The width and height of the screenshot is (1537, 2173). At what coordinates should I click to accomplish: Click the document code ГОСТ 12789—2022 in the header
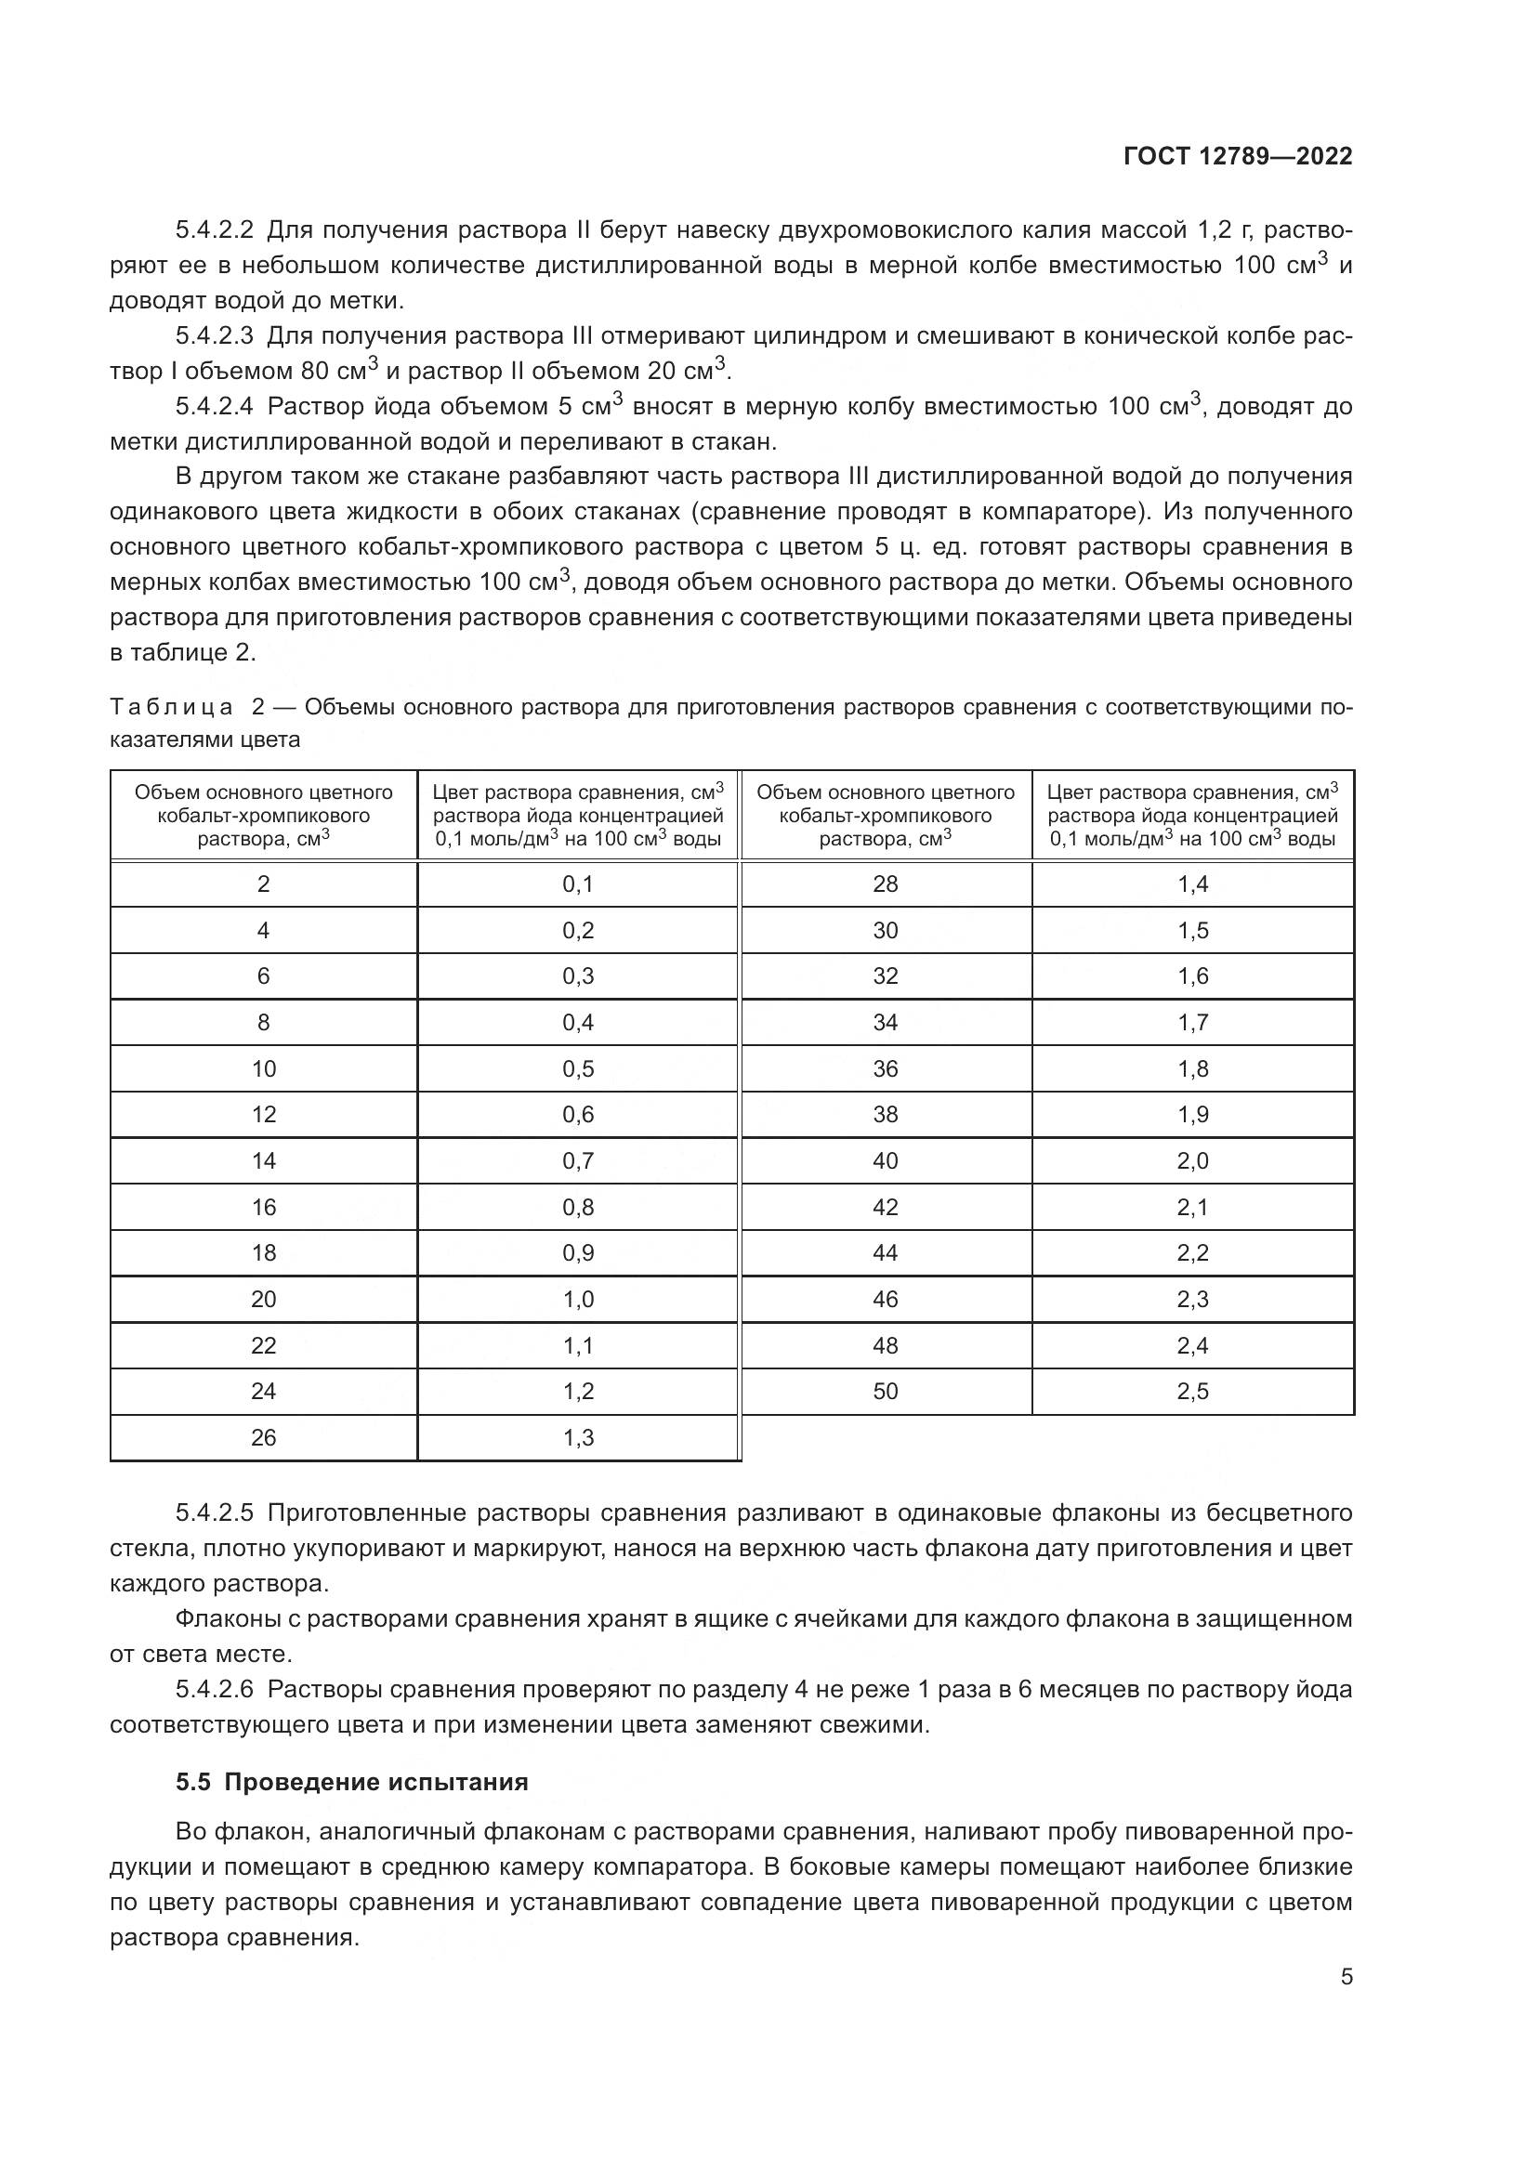1237,156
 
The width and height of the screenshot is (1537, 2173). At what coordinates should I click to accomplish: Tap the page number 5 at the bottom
1346,1976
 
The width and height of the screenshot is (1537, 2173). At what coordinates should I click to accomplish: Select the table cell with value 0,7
577,1160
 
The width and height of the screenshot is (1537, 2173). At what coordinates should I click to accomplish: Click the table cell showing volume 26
263,1437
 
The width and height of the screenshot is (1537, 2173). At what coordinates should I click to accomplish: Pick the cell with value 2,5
1192,1392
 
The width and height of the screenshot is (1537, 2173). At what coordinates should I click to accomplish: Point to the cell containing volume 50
885,1392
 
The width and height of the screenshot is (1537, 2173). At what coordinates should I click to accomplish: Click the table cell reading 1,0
577,1299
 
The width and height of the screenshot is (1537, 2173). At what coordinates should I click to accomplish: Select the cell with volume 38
885,1114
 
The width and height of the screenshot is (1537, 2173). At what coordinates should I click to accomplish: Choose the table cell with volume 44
885,1253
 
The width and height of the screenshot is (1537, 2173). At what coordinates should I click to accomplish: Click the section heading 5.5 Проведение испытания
351,1782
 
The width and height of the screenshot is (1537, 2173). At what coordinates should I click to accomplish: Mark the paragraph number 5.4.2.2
214,230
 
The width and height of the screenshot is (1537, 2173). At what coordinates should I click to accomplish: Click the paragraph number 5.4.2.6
214,1689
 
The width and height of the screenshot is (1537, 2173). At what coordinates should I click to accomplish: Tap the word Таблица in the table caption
171,707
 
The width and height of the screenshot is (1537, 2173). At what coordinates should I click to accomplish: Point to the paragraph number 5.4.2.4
214,406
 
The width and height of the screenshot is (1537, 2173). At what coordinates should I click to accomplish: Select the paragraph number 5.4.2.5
214,1512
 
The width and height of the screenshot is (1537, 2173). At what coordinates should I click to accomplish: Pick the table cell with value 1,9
1192,1114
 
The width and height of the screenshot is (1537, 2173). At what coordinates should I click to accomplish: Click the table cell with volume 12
263,1114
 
